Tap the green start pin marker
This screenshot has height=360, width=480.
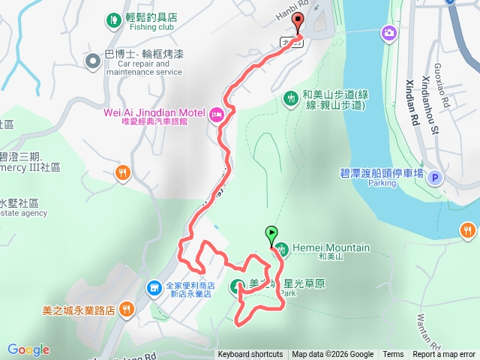click(x=271, y=233)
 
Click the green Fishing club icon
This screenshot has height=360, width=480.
click(x=113, y=19)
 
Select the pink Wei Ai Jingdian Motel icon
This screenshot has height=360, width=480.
click(x=217, y=113)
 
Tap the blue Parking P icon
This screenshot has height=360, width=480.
click(x=437, y=178)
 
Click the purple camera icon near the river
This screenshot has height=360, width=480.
click(x=388, y=32)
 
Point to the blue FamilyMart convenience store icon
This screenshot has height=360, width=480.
click(x=154, y=287)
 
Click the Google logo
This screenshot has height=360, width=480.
click(x=28, y=349)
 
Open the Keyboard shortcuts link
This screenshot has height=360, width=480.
click(x=250, y=355)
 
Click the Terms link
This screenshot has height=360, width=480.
click(x=393, y=355)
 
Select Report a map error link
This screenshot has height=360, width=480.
click(x=444, y=355)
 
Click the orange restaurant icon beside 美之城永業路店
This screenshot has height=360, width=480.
click(x=126, y=307)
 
